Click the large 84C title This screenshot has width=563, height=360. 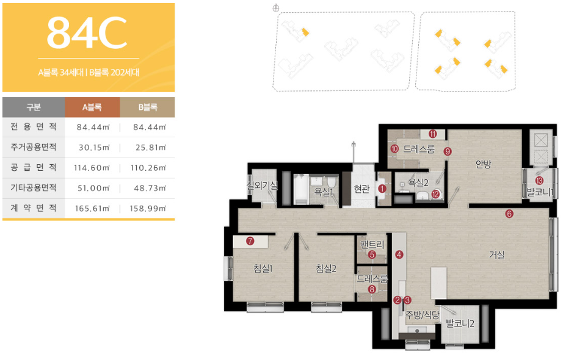click(87, 33)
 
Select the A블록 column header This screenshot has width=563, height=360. click(92, 107)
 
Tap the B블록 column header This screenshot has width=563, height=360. click(148, 107)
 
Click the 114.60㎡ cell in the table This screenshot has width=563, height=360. click(92, 168)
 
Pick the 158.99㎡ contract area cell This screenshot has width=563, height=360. click(148, 209)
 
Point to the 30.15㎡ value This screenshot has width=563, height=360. click(94, 148)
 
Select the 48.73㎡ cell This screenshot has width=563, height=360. click(150, 188)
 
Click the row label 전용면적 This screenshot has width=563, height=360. click(34, 127)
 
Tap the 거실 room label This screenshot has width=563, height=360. click(497, 255)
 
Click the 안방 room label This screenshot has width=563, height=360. click(483, 164)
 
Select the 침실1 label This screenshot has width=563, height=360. click(263, 268)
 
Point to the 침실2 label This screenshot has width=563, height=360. click(326, 268)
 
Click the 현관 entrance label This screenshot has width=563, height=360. click(361, 189)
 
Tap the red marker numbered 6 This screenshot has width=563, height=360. click(509, 214)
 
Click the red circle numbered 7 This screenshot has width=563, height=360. click(250, 241)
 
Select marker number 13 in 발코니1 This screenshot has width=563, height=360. click(539, 181)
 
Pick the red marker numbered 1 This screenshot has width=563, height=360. click(382, 189)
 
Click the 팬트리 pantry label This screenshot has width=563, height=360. click(372, 245)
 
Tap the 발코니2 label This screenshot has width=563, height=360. click(460, 323)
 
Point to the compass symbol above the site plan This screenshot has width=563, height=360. click(276, 8)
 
